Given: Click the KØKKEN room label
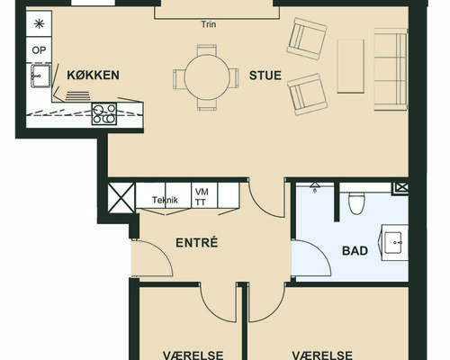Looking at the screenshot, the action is [x=93, y=75].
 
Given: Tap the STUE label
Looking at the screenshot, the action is [x=265, y=76].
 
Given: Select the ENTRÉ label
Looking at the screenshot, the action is [x=197, y=242].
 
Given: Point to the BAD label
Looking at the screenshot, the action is [x=355, y=250].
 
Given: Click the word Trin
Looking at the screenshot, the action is [x=209, y=24].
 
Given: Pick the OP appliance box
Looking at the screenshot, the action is [x=39, y=49].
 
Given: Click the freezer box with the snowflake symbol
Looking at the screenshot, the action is [x=39, y=23].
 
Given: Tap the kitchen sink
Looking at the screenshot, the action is [x=40, y=76].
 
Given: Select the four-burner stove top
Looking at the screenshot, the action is [x=104, y=113].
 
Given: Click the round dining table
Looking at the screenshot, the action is [x=207, y=77].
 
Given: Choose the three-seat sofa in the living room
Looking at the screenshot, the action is [x=391, y=69].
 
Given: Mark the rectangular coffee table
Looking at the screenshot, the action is [x=351, y=67].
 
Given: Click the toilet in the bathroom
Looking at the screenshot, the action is [x=356, y=202].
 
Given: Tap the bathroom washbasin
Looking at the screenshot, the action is [x=393, y=242].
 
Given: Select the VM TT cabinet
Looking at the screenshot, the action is [x=204, y=195].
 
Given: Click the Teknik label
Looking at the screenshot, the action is [x=165, y=200].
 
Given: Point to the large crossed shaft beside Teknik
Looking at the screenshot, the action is [x=121, y=198].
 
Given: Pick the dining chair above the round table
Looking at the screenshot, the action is [x=207, y=49].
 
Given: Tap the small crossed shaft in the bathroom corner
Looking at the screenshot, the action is [x=400, y=188].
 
